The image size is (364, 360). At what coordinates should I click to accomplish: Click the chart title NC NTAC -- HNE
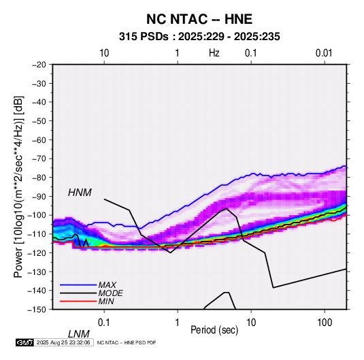pos(199,19)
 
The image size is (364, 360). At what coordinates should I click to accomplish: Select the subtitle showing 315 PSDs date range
pos(199,37)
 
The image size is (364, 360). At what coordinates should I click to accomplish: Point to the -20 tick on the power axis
pos(39,65)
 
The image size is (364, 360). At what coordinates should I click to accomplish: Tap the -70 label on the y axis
pos(39,159)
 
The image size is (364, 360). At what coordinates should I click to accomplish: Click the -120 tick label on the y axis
pos(37,252)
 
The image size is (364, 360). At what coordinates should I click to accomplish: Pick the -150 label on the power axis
pos(37,310)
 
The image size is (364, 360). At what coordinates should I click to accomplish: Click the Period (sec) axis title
pos(214,330)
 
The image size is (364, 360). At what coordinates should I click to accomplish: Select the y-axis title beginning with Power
pos(18,187)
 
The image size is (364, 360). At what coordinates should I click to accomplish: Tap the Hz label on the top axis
pos(214,53)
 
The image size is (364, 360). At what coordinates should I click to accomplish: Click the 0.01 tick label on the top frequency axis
pos(324,53)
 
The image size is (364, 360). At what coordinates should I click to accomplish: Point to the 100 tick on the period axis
pos(325,323)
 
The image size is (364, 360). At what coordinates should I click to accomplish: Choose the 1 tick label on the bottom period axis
pos(178,323)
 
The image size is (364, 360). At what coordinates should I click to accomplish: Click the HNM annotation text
pos(80,193)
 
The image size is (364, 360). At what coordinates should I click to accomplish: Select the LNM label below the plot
pos(79,334)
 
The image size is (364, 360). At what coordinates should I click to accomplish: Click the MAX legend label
pos(107,285)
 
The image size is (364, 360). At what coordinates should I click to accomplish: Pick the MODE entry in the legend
pos(110,293)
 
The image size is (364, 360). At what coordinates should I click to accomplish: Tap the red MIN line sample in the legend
pos(78,301)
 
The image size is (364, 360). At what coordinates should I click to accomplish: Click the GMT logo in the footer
pos(25,342)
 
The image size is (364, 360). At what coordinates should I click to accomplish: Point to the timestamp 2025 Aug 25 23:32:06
pos(63,342)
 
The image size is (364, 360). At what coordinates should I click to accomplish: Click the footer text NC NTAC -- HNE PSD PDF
pos(127,342)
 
